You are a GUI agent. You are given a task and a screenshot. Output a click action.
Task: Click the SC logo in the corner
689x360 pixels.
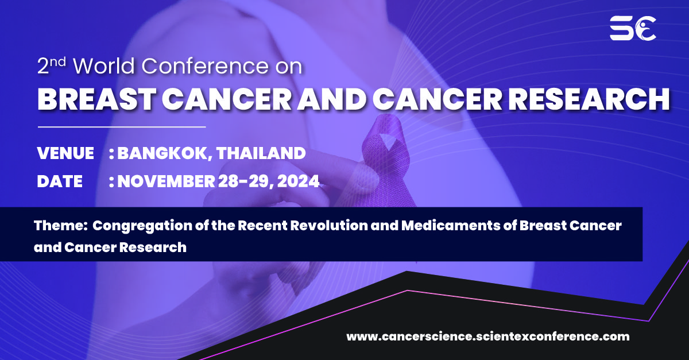[x=632, y=28]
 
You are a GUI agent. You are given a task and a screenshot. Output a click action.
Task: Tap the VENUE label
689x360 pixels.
[x=65, y=153]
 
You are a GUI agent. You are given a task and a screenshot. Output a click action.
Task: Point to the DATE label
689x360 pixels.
[x=60, y=181]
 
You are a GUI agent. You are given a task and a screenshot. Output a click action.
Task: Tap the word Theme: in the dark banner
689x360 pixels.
[x=60, y=226]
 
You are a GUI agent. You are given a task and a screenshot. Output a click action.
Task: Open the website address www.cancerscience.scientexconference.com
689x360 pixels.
[x=487, y=336]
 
